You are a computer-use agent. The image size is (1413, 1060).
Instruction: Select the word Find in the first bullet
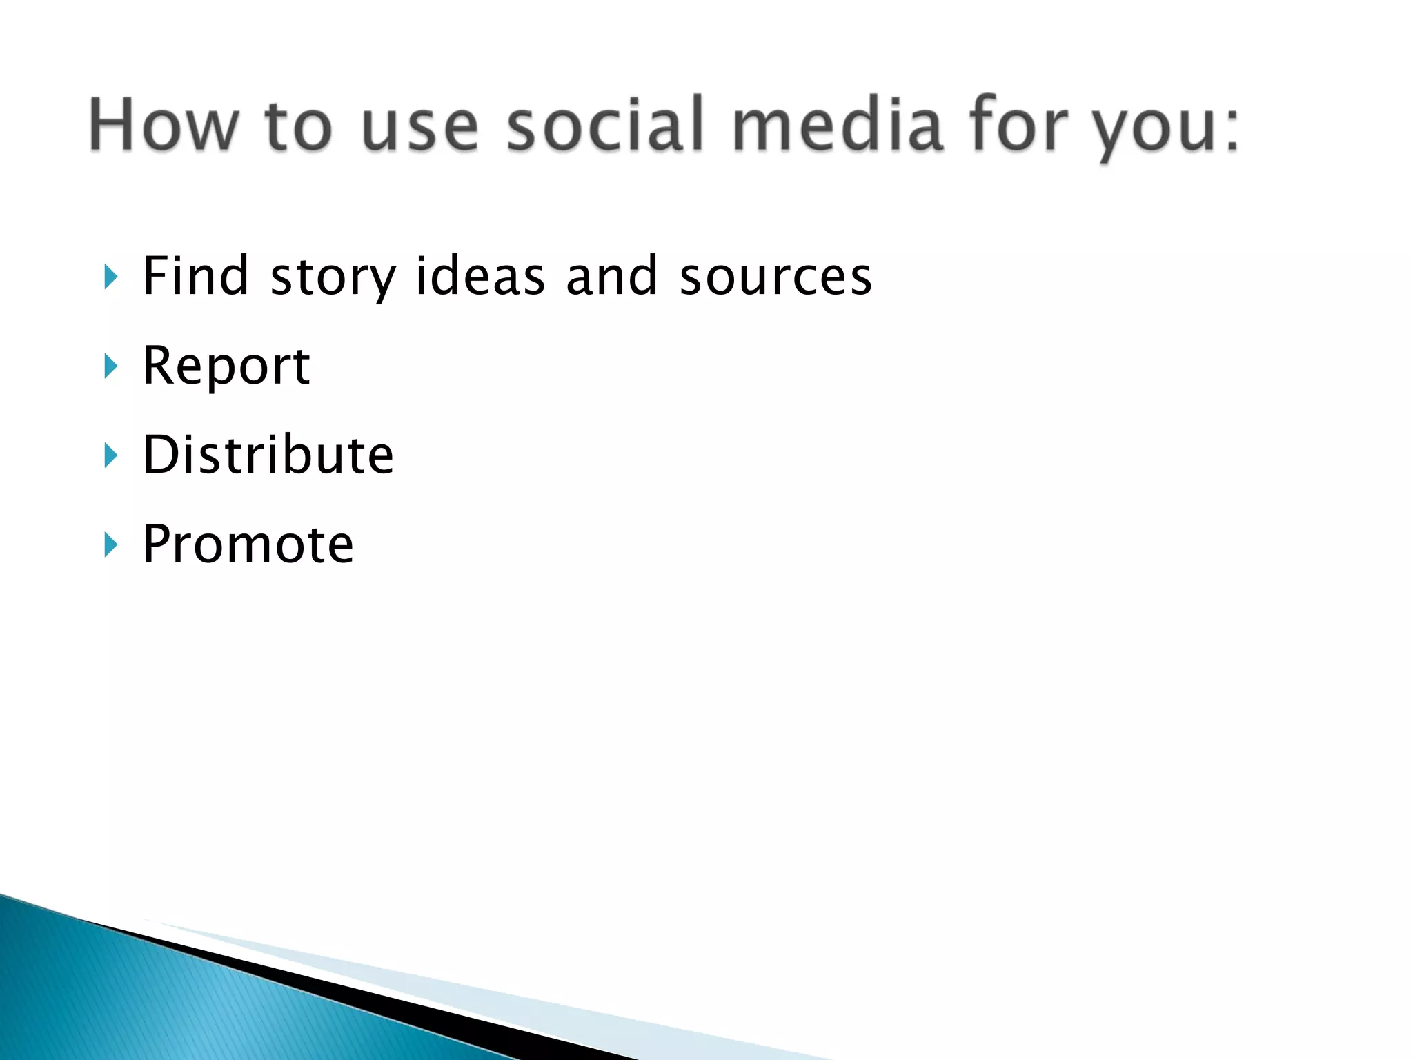(195, 276)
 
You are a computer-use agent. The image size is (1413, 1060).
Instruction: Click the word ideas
(480, 276)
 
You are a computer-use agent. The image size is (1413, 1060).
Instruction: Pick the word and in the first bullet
(611, 276)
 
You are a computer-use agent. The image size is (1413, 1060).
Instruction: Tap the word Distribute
(268, 455)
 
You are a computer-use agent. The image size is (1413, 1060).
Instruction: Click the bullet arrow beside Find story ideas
(110, 277)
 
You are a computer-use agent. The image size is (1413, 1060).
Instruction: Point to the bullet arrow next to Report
(110, 366)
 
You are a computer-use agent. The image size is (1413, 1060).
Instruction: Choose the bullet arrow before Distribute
(110, 455)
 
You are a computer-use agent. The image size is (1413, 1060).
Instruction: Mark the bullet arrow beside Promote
(110, 545)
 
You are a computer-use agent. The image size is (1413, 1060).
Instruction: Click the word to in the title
(298, 126)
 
